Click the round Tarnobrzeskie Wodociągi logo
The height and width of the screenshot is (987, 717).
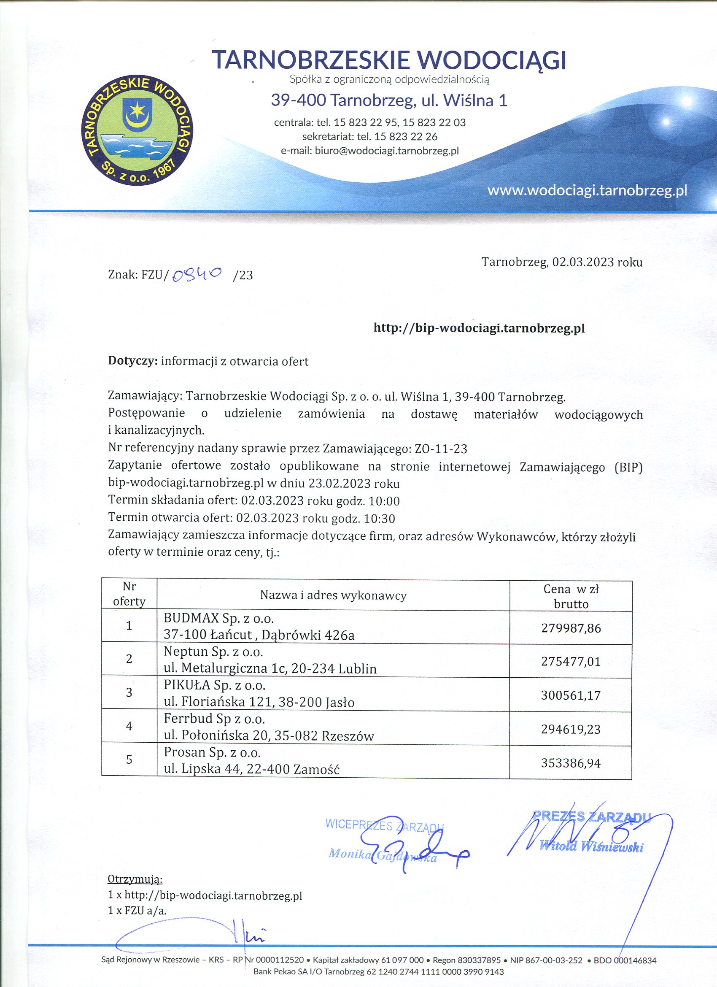tap(137, 130)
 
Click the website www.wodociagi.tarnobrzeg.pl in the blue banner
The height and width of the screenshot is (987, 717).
tap(587, 191)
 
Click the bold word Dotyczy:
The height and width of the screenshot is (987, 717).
tap(132, 361)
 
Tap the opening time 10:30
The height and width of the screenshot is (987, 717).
tap(382, 519)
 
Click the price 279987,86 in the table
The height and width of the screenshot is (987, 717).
tap(571, 628)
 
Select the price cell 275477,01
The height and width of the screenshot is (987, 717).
tap(571, 662)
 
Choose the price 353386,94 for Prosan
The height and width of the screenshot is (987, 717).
tap(571, 763)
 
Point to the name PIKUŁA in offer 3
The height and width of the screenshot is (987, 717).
tap(187, 685)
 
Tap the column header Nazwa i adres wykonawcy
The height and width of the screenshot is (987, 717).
tap(333, 595)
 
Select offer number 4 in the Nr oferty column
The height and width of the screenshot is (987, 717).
tap(129, 725)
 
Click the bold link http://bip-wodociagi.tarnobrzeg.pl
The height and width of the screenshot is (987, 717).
tap(479, 328)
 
